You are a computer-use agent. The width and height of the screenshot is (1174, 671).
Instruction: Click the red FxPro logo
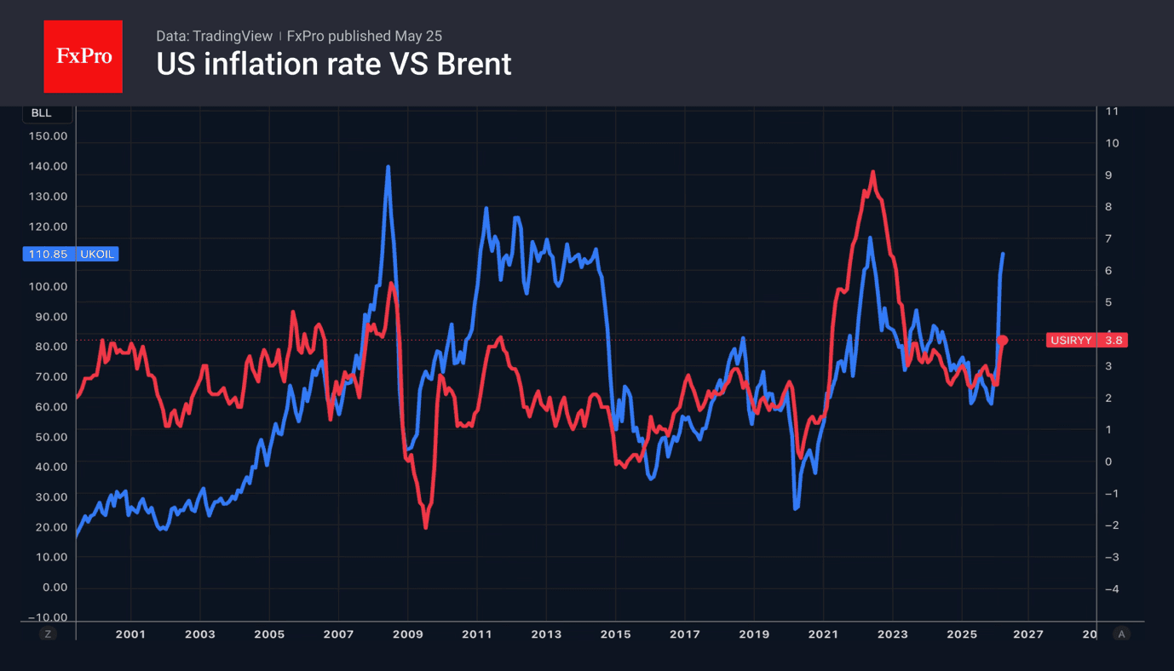[83, 56]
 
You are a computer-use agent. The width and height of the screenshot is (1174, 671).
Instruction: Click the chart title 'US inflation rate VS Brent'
[333, 64]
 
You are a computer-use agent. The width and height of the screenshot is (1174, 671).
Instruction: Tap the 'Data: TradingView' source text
[214, 36]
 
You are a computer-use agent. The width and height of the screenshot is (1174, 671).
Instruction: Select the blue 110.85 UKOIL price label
[71, 254]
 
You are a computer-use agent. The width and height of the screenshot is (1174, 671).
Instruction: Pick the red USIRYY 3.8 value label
[1086, 340]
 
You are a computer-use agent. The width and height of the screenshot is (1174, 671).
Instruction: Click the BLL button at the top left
[42, 112]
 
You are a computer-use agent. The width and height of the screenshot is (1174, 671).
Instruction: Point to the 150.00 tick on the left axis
[48, 136]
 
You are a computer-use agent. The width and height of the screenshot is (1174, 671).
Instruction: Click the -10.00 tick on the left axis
[48, 617]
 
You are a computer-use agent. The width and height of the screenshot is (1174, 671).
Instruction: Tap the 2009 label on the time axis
[408, 634]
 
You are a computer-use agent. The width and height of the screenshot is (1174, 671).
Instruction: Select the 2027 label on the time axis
[1028, 634]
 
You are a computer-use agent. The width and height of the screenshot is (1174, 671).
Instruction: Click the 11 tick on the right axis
[1112, 111]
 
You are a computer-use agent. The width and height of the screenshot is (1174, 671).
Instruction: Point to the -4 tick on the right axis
[1112, 588]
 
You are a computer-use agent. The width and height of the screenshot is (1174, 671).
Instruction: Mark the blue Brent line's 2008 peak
[388, 167]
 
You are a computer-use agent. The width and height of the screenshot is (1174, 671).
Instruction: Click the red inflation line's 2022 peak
[872, 172]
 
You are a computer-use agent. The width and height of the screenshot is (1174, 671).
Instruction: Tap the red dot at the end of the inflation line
[1002, 341]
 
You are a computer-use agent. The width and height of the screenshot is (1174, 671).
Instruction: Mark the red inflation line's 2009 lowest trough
[426, 527]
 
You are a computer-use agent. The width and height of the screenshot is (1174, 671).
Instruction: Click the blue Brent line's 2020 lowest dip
[796, 508]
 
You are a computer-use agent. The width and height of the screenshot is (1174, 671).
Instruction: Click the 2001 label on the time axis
[130, 634]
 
